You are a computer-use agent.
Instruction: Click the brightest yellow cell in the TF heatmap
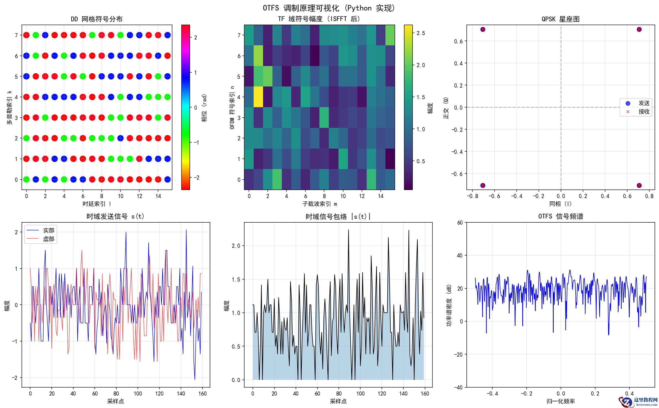point(258,97)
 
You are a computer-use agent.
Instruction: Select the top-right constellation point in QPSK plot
point(639,29)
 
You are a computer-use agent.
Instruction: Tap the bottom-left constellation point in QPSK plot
point(482,185)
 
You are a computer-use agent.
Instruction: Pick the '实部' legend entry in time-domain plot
point(48,230)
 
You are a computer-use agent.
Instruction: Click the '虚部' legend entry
point(48,239)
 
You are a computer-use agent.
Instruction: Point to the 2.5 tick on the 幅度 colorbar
point(421,33)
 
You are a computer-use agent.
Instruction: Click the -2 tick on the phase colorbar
point(196,178)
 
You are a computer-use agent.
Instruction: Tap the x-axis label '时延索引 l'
point(97,204)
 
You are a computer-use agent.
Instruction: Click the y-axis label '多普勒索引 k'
point(10,107)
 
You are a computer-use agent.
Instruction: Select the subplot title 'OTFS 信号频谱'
point(560,216)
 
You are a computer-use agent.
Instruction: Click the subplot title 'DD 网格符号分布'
point(97,19)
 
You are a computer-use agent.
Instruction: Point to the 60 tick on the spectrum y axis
point(460,223)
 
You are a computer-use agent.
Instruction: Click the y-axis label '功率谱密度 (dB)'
point(449,305)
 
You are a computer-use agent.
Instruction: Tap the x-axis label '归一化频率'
point(560,401)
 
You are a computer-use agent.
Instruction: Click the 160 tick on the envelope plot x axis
point(425,393)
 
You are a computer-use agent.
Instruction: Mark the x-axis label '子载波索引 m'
point(319,204)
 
